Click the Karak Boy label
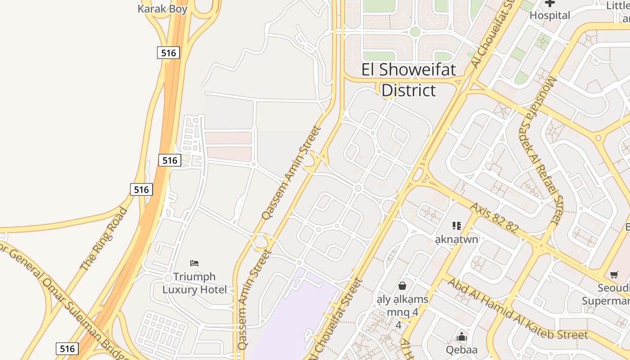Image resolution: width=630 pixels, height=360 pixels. coord(162,9)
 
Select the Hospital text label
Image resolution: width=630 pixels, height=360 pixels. coord(549,15)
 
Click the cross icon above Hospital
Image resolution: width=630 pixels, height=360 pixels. coord(549,3)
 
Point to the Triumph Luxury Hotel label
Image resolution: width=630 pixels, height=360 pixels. coord(194,283)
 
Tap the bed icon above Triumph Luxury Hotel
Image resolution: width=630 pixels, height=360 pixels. coord(194,263)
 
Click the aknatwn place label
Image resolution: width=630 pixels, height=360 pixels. coord(456,239)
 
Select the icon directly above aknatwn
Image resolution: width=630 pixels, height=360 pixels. coord(457,225)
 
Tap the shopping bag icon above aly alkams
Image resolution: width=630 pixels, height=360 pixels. coord(402,286)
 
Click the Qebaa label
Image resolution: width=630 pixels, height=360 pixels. coord(461,350)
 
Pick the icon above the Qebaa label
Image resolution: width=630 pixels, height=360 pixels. coord(461,337)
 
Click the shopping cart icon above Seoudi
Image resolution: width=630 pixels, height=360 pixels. coord(614,274)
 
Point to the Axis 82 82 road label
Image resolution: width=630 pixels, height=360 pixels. coord(495,217)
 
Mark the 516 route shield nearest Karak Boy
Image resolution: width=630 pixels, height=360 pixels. coord(168,53)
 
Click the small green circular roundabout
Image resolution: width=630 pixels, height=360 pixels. coord(415,32)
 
